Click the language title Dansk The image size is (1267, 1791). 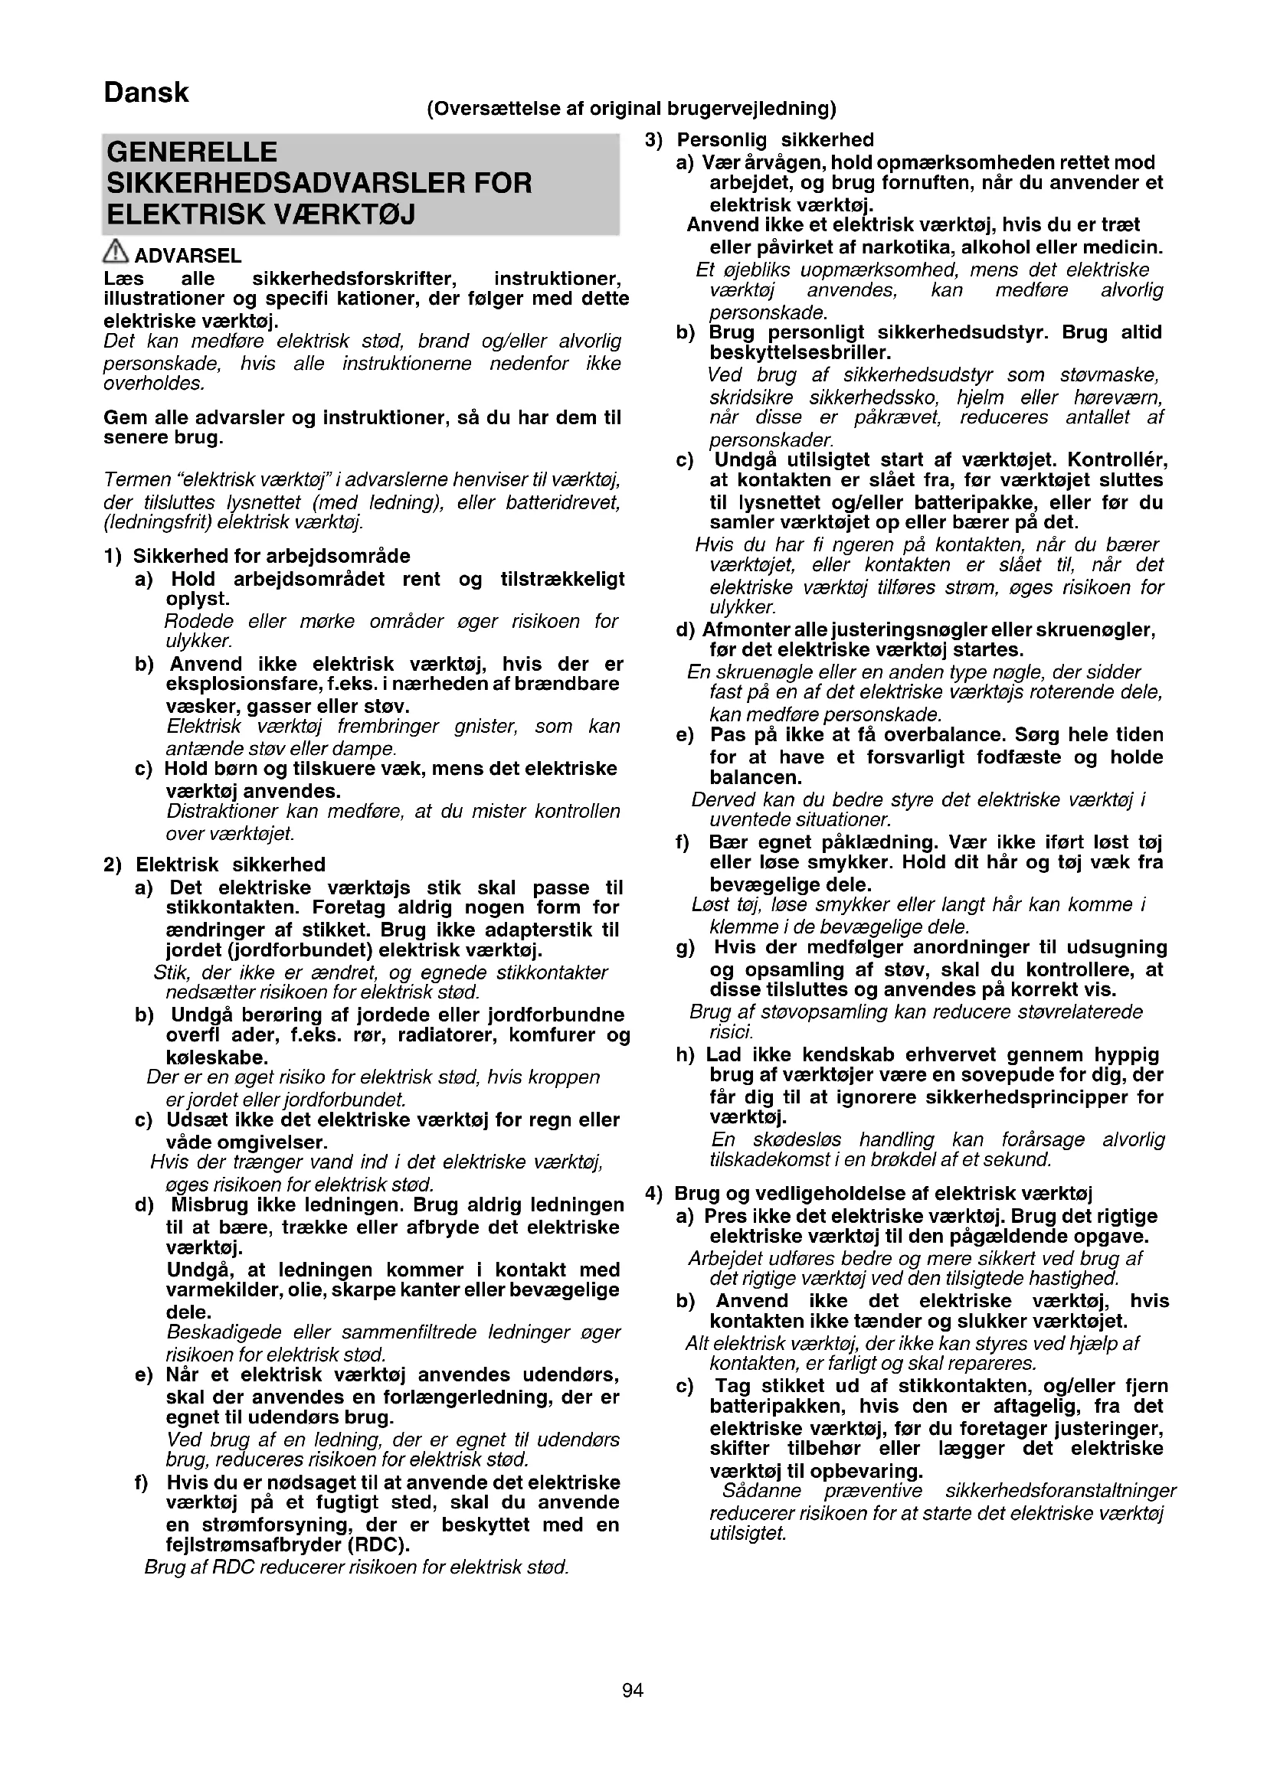click(146, 93)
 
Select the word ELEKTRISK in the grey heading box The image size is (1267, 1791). click(186, 214)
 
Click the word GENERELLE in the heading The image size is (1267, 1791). click(192, 152)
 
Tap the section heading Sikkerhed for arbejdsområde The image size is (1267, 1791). click(271, 556)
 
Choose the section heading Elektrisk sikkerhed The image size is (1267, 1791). click(230, 864)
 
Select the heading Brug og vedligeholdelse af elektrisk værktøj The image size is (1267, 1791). click(883, 1194)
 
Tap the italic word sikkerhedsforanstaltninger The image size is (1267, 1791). click(1060, 1491)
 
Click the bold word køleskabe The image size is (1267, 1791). click(217, 1057)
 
